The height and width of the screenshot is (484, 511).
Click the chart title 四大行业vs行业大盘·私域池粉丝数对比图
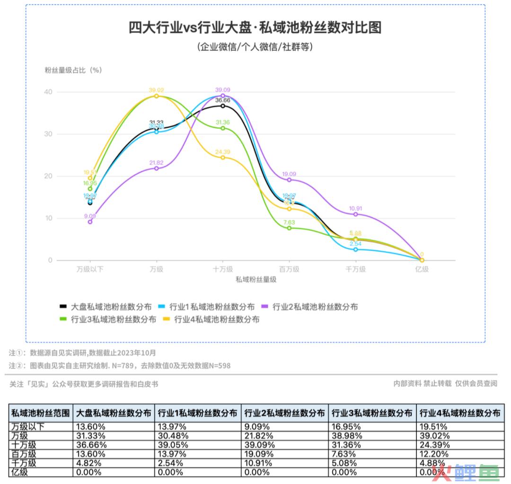255,27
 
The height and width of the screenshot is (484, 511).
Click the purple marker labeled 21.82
157,168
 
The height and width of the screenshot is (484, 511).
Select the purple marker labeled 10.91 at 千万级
356,214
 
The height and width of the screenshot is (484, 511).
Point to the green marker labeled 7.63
289,228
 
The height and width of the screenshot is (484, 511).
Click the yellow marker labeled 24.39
223,158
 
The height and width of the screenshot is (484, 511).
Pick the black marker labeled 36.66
223,106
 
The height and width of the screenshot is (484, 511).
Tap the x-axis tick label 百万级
289,269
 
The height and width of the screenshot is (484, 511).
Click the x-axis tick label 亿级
422,269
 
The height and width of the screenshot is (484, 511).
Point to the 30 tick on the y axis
48,134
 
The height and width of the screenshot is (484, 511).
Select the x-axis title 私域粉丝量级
255,280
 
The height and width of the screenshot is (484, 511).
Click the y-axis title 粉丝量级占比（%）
73,70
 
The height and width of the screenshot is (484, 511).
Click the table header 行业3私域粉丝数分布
372,413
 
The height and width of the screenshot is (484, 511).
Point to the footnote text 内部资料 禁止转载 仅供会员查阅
445,384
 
